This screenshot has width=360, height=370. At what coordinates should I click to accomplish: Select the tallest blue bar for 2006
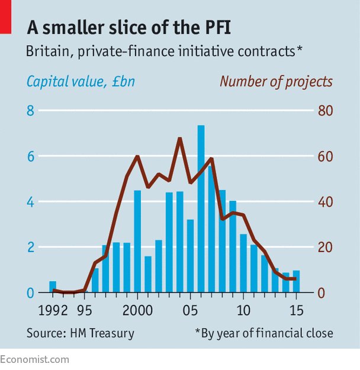tap(201, 207)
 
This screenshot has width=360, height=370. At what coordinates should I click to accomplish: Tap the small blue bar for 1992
tap(53, 287)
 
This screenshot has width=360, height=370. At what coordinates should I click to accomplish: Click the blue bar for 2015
tap(296, 282)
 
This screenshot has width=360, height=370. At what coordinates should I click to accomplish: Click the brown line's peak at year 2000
tap(137, 156)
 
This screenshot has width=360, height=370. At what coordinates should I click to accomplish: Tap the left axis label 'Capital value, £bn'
tap(81, 81)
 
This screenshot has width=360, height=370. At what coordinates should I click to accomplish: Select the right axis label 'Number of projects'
tap(276, 81)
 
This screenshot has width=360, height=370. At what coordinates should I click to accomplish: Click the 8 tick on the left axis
tap(31, 111)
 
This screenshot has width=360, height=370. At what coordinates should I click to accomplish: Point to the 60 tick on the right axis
tap(324, 156)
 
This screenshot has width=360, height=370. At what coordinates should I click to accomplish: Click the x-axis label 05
tap(190, 310)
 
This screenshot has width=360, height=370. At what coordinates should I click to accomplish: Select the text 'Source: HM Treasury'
tap(80, 333)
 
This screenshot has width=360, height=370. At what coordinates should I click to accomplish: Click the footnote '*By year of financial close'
tap(264, 333)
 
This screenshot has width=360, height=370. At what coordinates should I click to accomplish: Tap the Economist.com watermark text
tap(34, 359)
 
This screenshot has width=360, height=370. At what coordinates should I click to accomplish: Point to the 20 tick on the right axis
tap(324, 247)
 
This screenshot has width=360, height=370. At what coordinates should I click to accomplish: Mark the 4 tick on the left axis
tap(31, 202)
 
